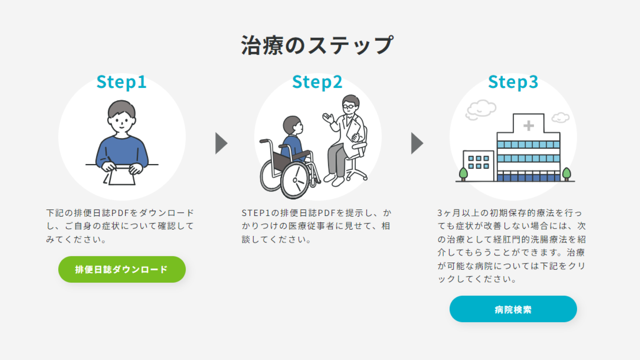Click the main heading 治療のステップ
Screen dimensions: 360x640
[x=317, y=45]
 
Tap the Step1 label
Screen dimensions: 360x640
[x=121, y=82]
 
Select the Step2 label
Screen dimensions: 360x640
[x=317, y=82]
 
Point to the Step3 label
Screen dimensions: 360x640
[x=513, y=82]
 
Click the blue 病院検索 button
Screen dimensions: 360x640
[x=513, y=309]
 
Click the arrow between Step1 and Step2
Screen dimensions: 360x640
[x=221, y=143]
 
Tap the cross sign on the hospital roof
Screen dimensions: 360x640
[x=528, y=126]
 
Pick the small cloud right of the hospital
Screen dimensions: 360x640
[x=560, y=117]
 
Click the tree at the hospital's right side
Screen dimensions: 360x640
[x=566, y=173]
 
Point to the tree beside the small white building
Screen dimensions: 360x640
[x=463, y=173]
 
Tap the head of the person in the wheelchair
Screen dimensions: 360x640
[x=293, y=125]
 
